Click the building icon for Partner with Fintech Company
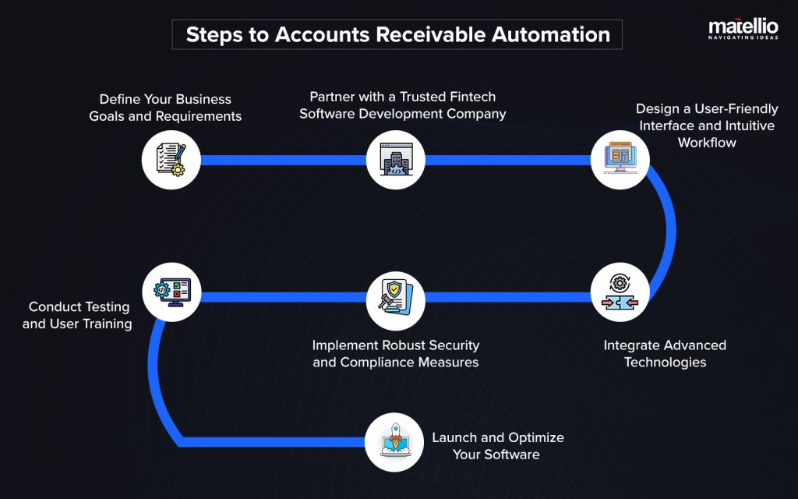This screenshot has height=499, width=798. pyautogui.click(x=396, y=160)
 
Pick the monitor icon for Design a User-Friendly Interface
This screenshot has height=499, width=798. pyautogui.click(x=620, y=160)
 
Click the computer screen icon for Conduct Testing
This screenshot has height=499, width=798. pyautogui.click(x=171, y=292)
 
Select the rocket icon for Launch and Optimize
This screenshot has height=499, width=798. pyautogui.click(x=396, y=442)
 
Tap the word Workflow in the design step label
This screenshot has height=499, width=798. pyautogui.click(x=707, y=143)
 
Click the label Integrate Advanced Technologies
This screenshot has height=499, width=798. pyautogui.click(x=665, y=353)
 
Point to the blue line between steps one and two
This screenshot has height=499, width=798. pyautogui.click(x=284, y=161)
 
